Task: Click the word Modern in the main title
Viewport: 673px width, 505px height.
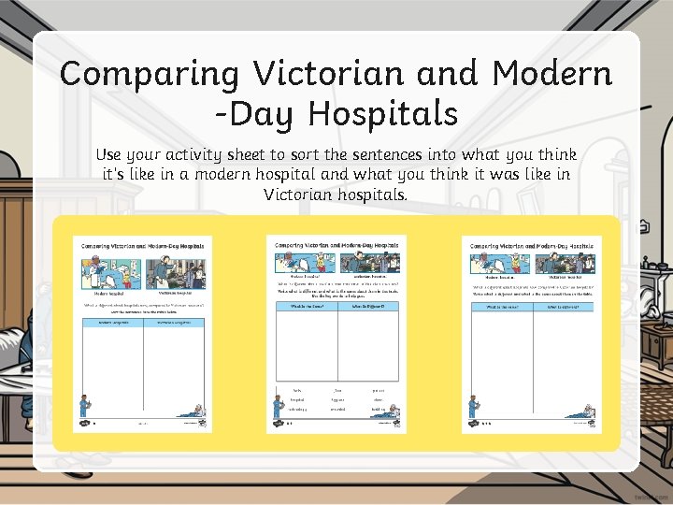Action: [551, 73]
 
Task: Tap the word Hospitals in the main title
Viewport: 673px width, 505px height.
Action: [383, 113]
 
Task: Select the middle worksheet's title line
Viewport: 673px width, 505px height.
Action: [336, 245]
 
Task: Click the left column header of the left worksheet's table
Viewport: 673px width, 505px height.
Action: [111, 322]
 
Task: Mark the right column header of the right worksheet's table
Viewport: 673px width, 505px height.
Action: [563, 307]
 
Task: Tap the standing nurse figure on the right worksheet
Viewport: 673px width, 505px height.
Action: [474, 406]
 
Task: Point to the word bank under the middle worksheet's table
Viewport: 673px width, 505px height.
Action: [337, 399]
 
